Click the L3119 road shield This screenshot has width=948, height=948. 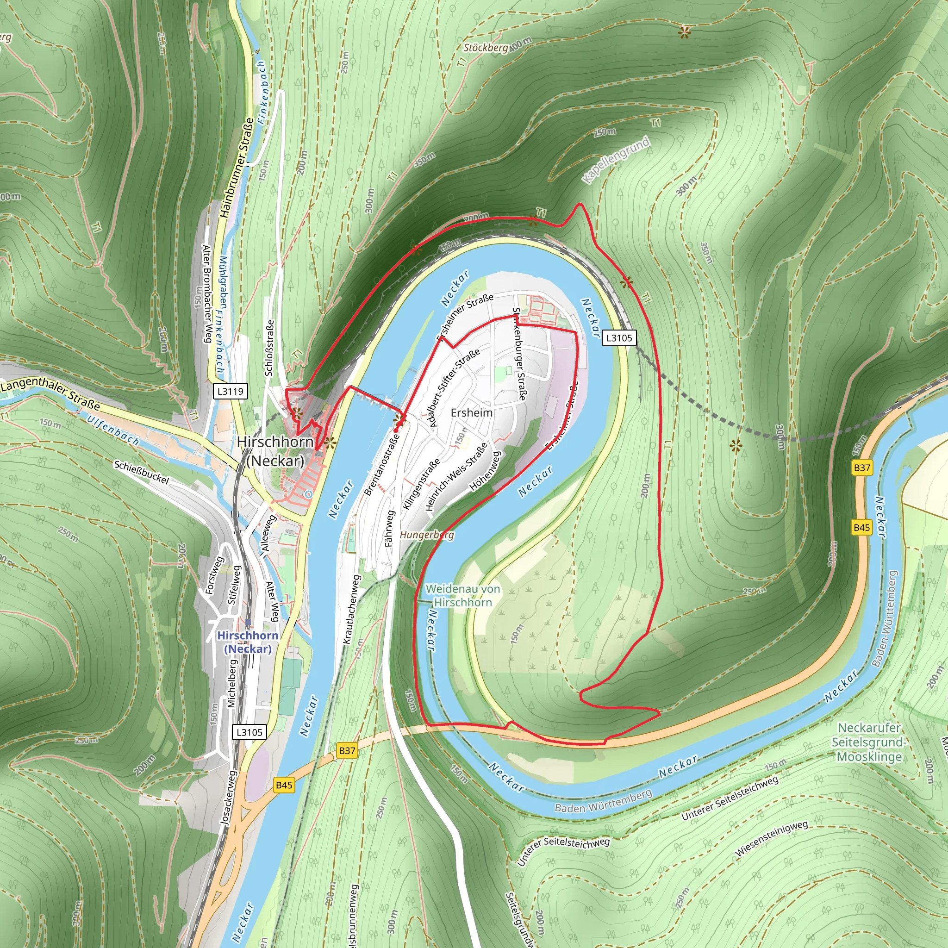(230, 391)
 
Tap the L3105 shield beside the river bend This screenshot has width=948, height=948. (619, 337)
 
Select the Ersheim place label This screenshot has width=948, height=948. (472, 412)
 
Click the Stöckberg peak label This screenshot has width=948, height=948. (486, 48)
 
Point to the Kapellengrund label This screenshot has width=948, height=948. (616, 160)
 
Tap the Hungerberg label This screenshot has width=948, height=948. (427, 534)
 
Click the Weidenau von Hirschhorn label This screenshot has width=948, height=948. (463, 595)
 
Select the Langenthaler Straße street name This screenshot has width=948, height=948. (50, 394)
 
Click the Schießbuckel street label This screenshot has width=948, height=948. (141, 472)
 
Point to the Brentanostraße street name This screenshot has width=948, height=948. (381, 464)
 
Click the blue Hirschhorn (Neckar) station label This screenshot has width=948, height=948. (248, 642)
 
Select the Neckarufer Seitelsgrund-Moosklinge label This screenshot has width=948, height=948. (869, 742)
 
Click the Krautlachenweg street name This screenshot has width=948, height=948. (351, 610)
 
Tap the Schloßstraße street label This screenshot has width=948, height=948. (269, 348)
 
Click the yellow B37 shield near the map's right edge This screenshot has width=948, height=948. (861, 468)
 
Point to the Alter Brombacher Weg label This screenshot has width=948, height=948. (207, 293)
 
